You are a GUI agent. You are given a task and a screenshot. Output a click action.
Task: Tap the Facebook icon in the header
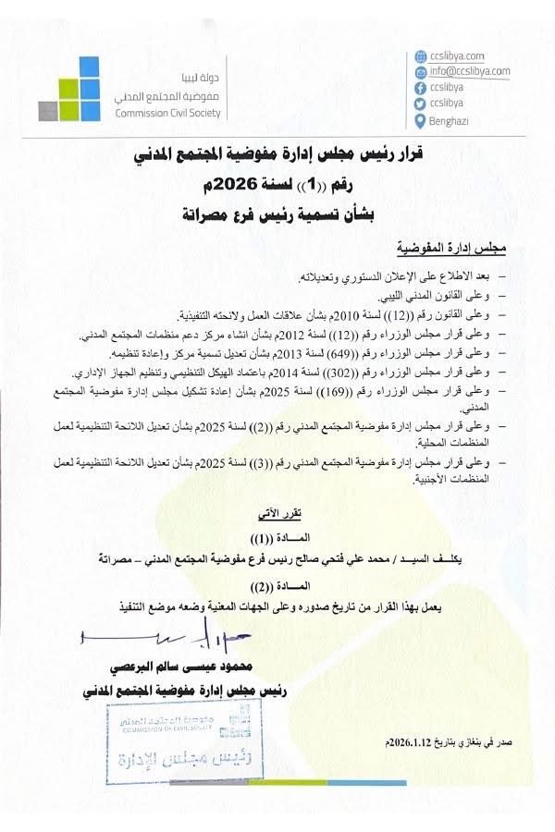point(421,87)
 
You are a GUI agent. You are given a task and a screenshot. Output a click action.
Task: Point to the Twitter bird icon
point(421,104)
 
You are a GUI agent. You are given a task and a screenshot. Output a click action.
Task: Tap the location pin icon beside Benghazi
point(421,121)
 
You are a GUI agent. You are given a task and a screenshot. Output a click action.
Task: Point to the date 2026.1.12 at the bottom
point(408,742)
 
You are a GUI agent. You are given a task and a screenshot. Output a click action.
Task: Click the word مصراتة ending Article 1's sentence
point(130,559)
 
